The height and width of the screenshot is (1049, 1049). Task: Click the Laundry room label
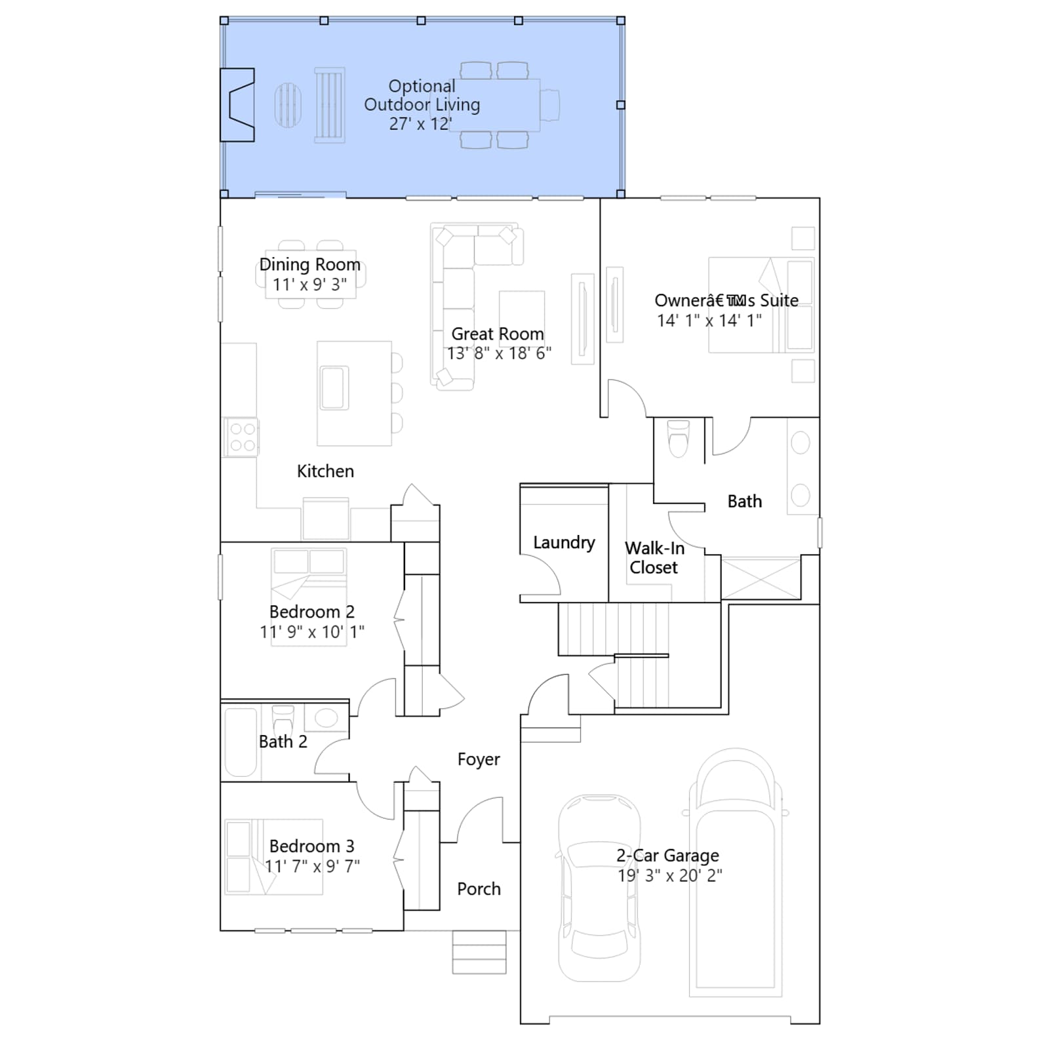click(564, 543)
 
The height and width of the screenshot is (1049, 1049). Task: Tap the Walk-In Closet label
click(654, 558)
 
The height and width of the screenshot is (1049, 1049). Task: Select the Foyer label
click(479, 759)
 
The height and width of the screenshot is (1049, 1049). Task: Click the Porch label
click(479, 889)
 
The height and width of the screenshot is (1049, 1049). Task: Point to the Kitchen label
click(325, 471)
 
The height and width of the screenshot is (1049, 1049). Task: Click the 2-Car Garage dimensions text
click(670, 876)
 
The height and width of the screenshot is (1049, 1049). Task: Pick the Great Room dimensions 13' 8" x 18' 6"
click(499, 353)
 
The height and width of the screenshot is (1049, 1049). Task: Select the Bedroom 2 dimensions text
click(312, 632)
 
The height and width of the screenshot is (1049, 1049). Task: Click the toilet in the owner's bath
click(679, 438)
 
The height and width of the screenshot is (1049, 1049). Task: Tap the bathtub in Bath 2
click(241, 742)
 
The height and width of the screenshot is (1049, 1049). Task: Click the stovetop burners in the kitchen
click(242, 437)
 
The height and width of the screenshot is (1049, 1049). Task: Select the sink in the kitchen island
click(334, 388)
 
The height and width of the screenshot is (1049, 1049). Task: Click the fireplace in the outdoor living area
click(237, 105)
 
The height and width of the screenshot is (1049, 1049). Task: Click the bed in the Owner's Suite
click(761, 306)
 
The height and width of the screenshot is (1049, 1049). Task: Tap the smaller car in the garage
click(599, 888)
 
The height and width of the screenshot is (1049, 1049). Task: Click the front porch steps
click(479, 952)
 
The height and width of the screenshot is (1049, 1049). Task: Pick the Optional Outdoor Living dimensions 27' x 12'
click(420, 124)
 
